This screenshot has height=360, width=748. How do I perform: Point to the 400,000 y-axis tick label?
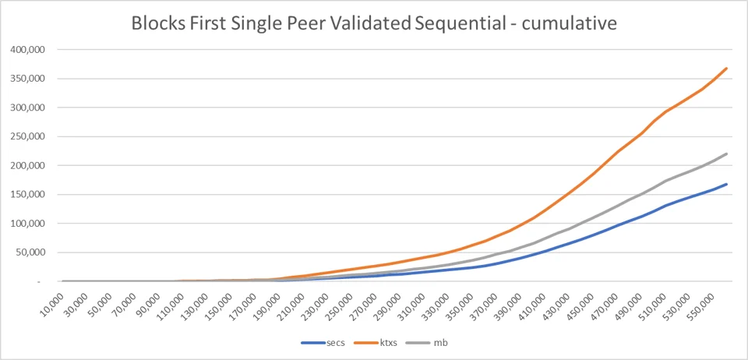click(25, 50)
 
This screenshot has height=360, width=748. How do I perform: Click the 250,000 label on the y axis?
click(25, 137)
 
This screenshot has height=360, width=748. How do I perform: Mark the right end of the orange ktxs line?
click(726, 69)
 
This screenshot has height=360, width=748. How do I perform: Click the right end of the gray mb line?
click(726, 154)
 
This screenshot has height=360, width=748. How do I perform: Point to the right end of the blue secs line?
click(726, 184)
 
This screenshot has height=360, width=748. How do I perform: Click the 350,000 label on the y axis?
click(25, 79)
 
